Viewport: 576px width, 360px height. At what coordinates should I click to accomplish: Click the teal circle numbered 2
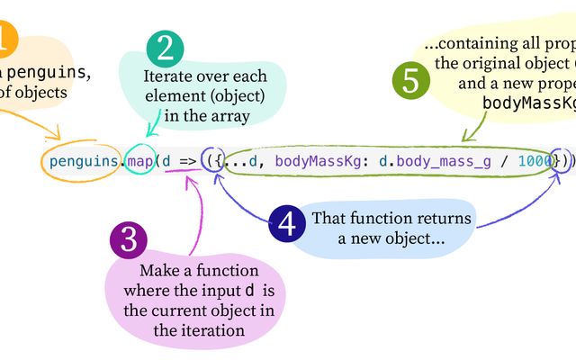[165, 49]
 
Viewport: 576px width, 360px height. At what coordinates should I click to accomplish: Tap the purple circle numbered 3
[129, 240]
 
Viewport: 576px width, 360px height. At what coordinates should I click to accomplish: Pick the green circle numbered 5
[409, 81]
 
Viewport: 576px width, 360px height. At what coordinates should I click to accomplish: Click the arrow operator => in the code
[185, 162]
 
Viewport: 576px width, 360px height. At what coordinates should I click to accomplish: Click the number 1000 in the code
[535, 162]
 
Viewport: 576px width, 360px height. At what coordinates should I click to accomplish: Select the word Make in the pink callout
[157, 271]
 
